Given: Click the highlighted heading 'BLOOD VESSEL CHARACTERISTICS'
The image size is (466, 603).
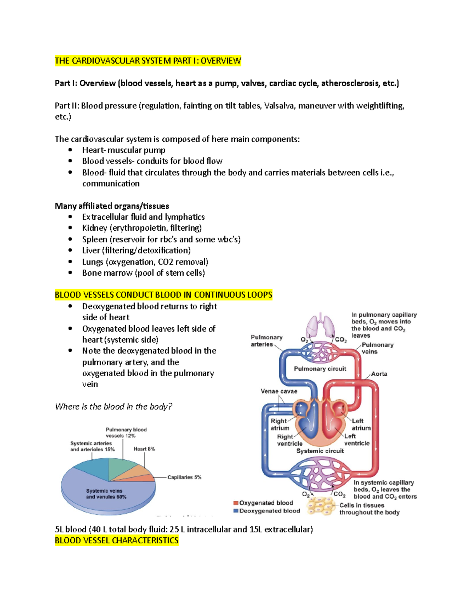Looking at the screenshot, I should coord(116,540).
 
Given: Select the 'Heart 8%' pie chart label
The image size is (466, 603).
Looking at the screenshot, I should coord(144,449).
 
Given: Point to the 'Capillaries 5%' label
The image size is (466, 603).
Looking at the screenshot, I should coord(184,477).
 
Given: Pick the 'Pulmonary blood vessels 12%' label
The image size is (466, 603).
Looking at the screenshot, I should coord(126,433).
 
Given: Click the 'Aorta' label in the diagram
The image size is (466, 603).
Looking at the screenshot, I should coord(379,374).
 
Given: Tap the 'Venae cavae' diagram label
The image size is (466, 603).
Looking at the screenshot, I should coord(279,391).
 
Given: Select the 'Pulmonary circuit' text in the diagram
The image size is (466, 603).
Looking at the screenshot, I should coord(320,368).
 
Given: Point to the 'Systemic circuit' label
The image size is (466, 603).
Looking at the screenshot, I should coord(320,451).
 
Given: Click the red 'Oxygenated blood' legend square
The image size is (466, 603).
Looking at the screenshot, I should coord(236,503).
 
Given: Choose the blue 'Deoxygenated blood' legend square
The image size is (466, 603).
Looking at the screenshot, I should coord(236,511).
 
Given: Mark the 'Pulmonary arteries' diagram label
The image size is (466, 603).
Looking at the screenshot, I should coord(266,341).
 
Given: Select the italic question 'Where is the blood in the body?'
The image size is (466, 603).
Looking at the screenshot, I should coord(113,407).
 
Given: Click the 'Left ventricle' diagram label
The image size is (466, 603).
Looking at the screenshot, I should coord(356,440).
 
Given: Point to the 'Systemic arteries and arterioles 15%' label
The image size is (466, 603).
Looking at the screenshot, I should coord(92,446).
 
